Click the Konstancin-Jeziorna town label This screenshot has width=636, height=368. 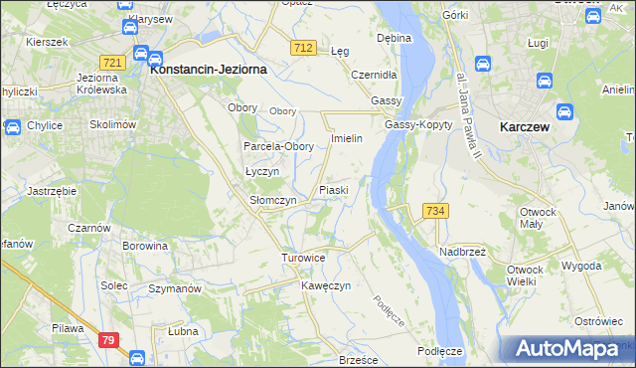click(207, 71)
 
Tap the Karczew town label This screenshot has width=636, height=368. click(526, 127)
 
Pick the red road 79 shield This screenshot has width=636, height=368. click(110, 341)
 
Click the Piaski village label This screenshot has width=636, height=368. click(333, 189)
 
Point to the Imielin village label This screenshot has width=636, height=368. click(353, 138)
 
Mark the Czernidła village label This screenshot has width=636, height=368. click(375, 75)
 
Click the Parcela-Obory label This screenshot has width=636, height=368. click(279, 146)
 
